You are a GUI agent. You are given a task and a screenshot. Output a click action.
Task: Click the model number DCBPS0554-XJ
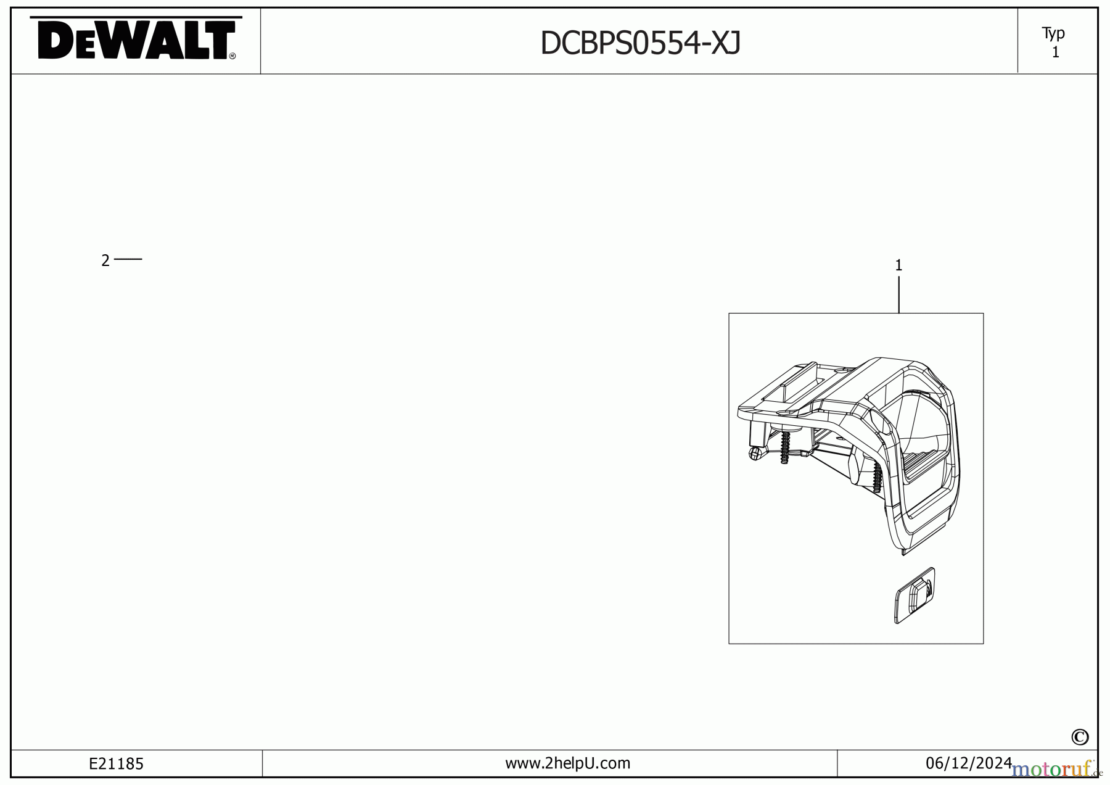tap(640, 43)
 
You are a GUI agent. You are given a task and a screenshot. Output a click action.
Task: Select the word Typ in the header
tap(1053, 33)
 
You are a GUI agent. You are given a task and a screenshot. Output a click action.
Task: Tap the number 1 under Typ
tap(1055, 53)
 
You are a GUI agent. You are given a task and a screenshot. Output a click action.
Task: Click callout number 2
tap(105, 261)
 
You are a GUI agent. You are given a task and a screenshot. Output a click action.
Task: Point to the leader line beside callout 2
tap(128, 259)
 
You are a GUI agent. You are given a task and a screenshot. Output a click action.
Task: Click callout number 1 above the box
tap(898, 265)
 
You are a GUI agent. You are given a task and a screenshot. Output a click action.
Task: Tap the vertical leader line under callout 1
tap(898, 294)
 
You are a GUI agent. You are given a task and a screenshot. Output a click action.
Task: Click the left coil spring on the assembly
tap(785, 447)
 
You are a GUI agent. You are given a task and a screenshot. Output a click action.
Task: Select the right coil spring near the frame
tap(877, 477)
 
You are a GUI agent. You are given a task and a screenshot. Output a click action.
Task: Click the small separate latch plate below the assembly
tap(915, 596)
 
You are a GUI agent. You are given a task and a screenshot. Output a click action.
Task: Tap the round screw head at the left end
tap(754, 454)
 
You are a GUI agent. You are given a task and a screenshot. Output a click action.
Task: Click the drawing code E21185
tap(116, 764)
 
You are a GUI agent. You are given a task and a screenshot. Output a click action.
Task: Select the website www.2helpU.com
tap(567, 763)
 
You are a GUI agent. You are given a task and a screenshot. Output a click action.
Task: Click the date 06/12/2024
tap(968, 763)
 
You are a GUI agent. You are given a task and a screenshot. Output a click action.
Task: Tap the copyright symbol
tap(1080, 737)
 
